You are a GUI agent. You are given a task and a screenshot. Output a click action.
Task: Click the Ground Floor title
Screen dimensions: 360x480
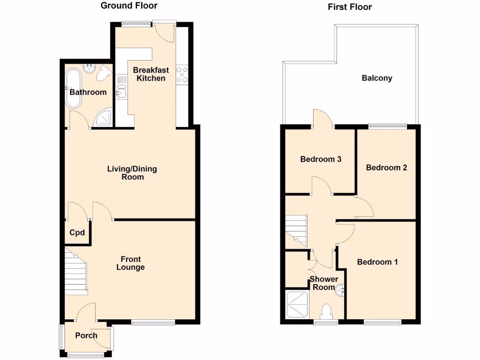coord(129,6)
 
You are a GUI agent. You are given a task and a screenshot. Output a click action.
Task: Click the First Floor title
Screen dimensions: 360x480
coord(350,7)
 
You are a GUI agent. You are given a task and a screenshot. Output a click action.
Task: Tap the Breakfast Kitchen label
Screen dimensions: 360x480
coord(150,74)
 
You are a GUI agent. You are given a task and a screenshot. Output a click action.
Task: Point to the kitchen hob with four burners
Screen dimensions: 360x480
coord(181,75)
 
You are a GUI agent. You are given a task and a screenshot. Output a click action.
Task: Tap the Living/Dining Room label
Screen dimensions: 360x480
coord(132,172)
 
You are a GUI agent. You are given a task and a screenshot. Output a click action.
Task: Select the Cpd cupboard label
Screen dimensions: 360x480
coord(77,232)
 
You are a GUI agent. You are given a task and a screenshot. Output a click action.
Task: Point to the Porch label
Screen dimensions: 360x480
coord(86,335)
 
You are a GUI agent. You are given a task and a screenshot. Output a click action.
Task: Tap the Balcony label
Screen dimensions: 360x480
coord(377,78)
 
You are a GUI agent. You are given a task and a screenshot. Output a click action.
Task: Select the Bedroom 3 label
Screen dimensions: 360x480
coord(321,159)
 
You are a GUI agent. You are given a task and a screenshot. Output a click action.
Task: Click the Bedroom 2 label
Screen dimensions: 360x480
coord(386,167)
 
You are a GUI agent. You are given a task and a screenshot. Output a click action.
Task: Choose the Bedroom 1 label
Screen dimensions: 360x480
coord(377,262)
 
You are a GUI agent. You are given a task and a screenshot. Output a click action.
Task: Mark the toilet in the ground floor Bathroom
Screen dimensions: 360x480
coord(103,73)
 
